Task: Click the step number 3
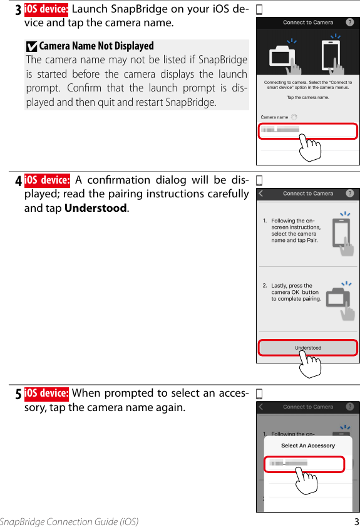coord(18,11)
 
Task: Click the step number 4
coord(18,182)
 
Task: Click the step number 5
coord(18,395)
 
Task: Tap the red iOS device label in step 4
coord(47,180)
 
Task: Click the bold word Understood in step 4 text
coord(96,208)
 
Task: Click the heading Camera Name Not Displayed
coord(96,46)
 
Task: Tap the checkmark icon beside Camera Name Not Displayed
coord(31,46)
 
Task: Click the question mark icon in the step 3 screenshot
coord(350,22)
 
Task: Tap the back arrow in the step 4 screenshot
coord(262,194)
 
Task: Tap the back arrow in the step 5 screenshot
coord(262,407)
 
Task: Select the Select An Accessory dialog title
coord(308,446)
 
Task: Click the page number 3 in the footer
coord(356,521)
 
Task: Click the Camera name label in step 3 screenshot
coord(275,117)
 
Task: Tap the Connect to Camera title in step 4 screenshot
coord(308,194)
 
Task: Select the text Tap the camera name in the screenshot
coord(307,98)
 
